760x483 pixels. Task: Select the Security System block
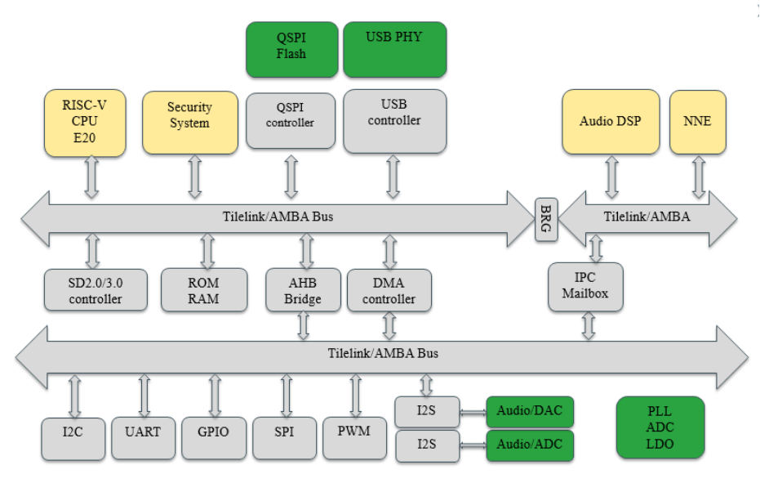[189, 122]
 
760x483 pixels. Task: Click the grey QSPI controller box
[291, 120]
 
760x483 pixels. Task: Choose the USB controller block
[394, 121]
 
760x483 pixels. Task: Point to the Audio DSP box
[610, 122]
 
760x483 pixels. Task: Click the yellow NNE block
[697, 122]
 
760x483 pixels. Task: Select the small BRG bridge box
[545, 219]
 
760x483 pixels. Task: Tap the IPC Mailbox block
[585, 286]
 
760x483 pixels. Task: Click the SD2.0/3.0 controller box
[96, 290]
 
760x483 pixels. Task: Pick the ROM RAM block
[203, 290]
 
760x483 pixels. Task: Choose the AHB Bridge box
[303, 290]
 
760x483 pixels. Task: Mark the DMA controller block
[389, 290]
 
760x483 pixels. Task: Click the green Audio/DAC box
[529, 410]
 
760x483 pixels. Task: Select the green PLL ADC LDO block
[660, 427]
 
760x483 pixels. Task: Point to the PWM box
[353, 430]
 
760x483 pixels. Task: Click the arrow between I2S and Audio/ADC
[473, 445]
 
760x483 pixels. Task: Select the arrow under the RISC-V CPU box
[91, 177]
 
